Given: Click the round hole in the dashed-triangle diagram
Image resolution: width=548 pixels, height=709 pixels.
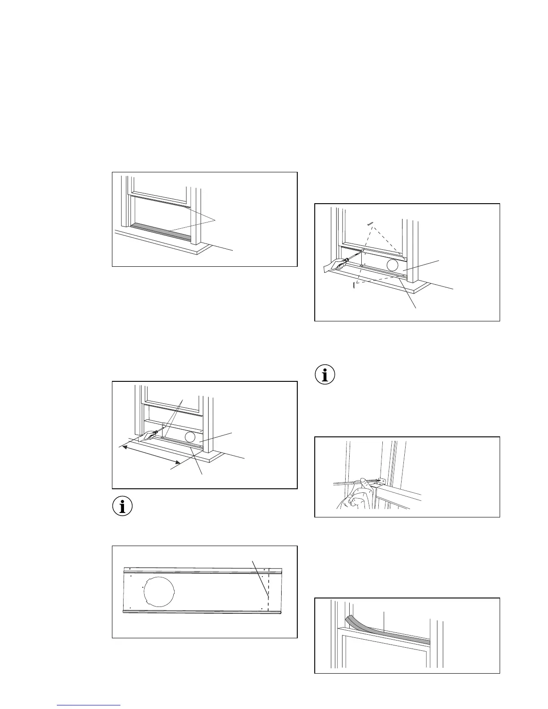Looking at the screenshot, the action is (x=392, y=265).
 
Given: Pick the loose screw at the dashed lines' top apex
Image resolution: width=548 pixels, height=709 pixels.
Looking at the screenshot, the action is (x=370, y=222).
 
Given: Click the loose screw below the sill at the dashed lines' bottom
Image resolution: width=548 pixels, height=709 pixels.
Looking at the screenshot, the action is (x=354, y=285).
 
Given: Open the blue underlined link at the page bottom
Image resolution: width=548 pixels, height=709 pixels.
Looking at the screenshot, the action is (x=89, y=705).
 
